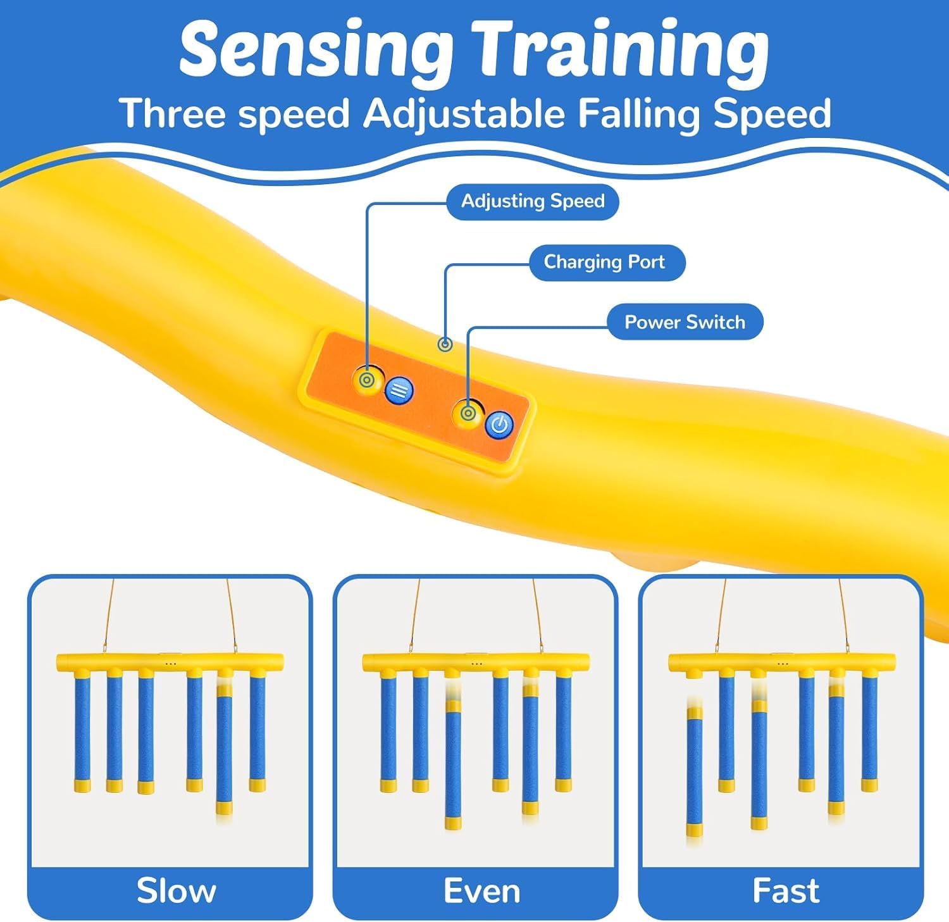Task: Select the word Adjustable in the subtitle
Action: tap(464, 114)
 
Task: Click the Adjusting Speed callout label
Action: tap(533, 201)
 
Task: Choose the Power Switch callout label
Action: tap(685, 322)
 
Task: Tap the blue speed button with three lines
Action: tap(399, 390)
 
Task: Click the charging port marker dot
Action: tap(446, 345)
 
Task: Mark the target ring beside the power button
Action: tap(468, 413)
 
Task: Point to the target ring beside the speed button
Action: tap(366, 380)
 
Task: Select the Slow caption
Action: tap(176, 891)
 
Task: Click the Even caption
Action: tap(481, 891)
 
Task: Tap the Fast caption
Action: tap(786, 891)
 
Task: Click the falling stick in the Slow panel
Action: tap(224, 750)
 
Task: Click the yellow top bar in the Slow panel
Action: tap(170, 663)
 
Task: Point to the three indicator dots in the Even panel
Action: tap(475, 664)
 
